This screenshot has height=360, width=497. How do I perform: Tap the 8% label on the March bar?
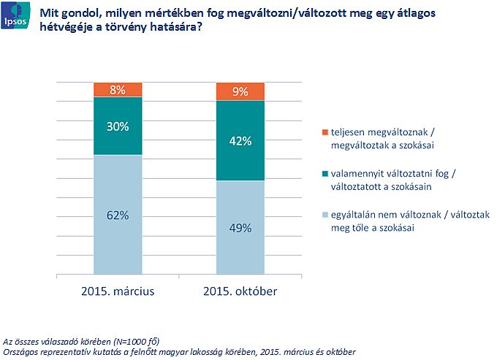pyautogui.click(x=118, y=91)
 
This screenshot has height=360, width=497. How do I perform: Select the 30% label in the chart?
pyautogui.click(x=118, y=126)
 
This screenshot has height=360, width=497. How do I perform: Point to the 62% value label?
pyautogui.click(x=118, y=215)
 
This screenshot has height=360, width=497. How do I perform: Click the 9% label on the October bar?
pyautogui.click(x=240, y=92)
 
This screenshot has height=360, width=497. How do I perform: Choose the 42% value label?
pyautogui.click(x=240, y=141)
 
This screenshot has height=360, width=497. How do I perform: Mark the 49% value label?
pyautogui.click(x=240, y=228)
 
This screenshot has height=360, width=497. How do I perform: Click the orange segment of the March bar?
pyautogui.click(x=102, y=90)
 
